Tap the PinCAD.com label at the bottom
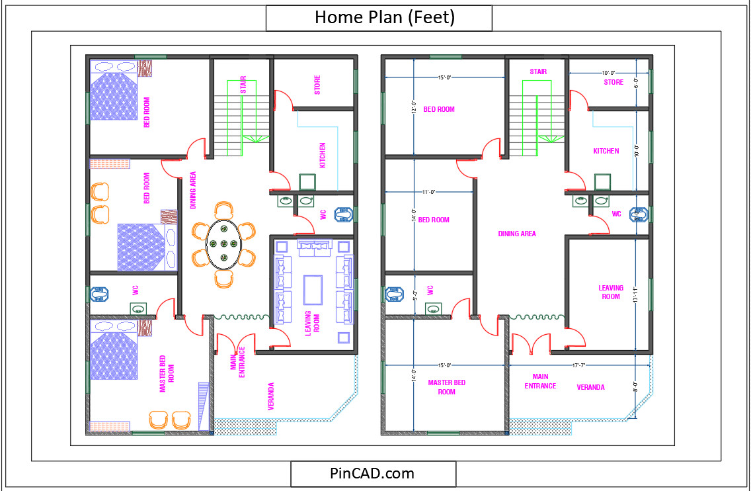tap(372, 473)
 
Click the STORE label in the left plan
tap(317, 84)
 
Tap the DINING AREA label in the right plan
tap(516, 234)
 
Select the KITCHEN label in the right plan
tap(606, 151)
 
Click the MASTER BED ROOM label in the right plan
tap(446, 387)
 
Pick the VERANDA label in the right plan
tap(590, 387)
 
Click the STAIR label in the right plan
tap(537, 71)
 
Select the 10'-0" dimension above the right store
tap(608, 73)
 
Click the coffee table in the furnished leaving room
tap(312, 289)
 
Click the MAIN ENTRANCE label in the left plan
tap(237, 362)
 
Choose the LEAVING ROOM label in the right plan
tap(610, 292)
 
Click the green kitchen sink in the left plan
tap(307, 182)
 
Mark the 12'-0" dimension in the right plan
tap(414, 107)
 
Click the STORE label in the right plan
tap(613, 83)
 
